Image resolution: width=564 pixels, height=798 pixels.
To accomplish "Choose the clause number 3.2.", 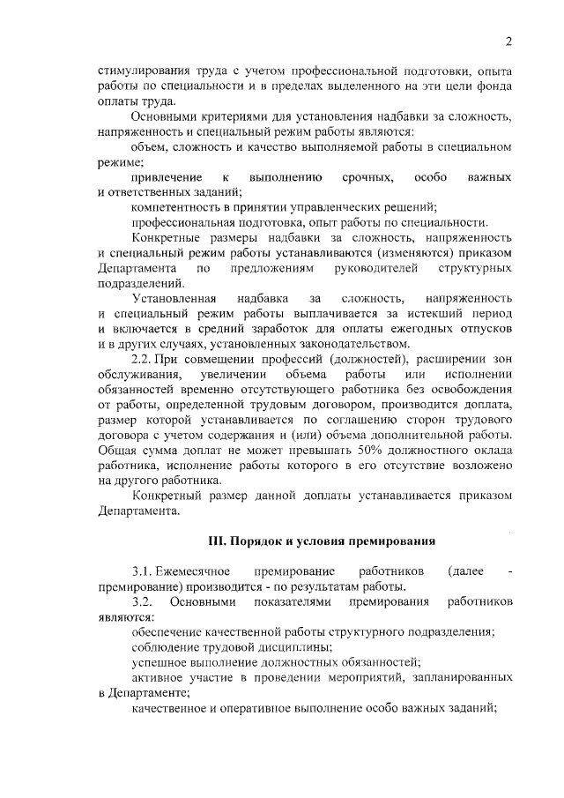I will coord(143,602).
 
